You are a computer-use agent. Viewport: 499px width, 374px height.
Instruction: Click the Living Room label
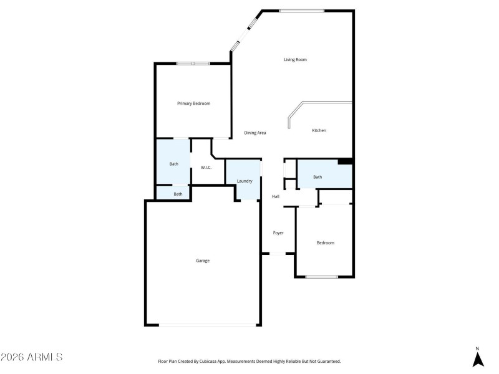295,60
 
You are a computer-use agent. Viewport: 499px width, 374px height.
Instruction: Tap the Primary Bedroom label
193,103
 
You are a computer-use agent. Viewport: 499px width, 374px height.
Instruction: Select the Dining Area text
255,133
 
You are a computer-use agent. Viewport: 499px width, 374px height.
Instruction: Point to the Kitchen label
319,130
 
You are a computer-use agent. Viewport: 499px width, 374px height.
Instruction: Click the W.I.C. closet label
206,168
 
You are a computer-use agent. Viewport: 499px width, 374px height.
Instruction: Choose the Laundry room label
245,181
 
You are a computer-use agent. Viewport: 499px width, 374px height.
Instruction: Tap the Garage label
203,261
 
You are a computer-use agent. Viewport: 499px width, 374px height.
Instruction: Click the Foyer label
278,233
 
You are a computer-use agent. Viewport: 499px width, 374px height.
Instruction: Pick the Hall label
275,197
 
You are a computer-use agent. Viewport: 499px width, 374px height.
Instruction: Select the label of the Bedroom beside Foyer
325,243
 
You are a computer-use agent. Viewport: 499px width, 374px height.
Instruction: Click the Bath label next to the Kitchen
317,177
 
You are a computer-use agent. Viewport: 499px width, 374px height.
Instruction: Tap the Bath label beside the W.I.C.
173,164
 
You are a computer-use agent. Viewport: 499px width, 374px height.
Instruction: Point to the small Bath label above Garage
178,194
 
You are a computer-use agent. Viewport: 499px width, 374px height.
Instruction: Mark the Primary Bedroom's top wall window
192,63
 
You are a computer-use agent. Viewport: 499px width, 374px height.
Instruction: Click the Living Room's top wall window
301,11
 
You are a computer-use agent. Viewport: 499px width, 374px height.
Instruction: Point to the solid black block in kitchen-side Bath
345,161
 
